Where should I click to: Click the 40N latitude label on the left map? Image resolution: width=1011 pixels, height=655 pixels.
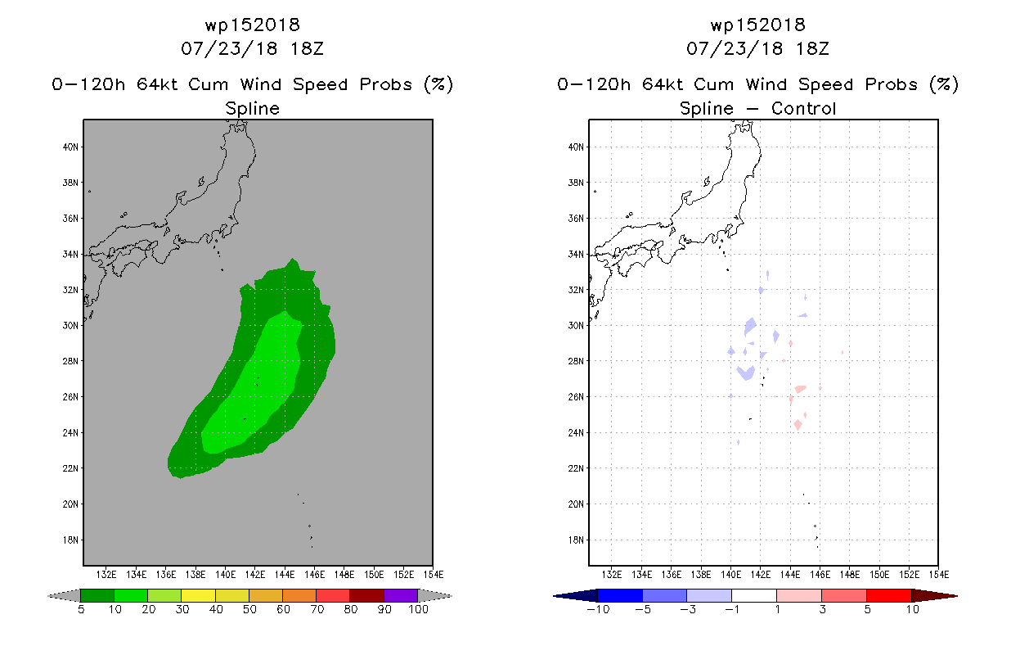pyautogui.click(x=70, y=147)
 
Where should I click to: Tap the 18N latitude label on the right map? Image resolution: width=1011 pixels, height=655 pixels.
pyautogui.click(x=576, y=540)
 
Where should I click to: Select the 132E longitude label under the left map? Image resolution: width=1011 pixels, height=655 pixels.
pyautogui.click(x=106, y=575)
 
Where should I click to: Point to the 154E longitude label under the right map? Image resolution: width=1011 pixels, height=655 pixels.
pyautogui.click(x=939, y=575)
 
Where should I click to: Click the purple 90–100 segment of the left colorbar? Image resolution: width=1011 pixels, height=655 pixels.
pyautogui.click(x=401, y=595)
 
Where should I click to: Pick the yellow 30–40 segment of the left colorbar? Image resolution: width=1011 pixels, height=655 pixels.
pyautogui.click(x=199, y=595)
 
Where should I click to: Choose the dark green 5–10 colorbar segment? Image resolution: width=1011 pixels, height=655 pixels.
pyautogui.click(x=97, y=595)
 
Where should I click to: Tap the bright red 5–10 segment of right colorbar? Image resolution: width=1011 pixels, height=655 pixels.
pyautogui.click(x=889, y=596)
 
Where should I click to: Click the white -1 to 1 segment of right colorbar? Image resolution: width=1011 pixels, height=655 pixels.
pyautogui.click(x=754, y=596)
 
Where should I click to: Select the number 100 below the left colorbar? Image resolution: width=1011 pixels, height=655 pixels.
pyautogui.click(x=419, y=610)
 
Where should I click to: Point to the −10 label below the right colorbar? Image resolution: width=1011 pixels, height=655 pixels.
pyautogui.click(x=599, y=610)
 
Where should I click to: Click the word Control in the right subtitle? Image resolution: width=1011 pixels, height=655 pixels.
pyautogui.click(x=804, y=108)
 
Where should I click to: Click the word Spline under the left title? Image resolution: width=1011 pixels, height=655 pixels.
pyautogui.click(x=252, y=109)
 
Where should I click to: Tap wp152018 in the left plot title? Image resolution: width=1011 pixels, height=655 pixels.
pyautogui.click(x=253, y=25)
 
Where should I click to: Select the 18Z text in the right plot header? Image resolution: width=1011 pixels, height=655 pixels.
pyautogui.click(x=812, y=49)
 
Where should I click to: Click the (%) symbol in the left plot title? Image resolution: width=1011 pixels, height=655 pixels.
pyautogui.click(x=438, y=84)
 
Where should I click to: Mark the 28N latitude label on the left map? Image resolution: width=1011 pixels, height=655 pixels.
pyautogui.click(x=70, y=361)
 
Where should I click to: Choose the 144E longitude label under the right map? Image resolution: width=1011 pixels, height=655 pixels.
pyautogui.click(x=790, y=575)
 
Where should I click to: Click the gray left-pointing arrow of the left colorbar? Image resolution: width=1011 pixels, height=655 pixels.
pyautogui.click(x=65, y=596)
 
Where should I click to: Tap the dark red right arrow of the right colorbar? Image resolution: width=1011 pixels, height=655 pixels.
pyautogui.click(x=934, y=596)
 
